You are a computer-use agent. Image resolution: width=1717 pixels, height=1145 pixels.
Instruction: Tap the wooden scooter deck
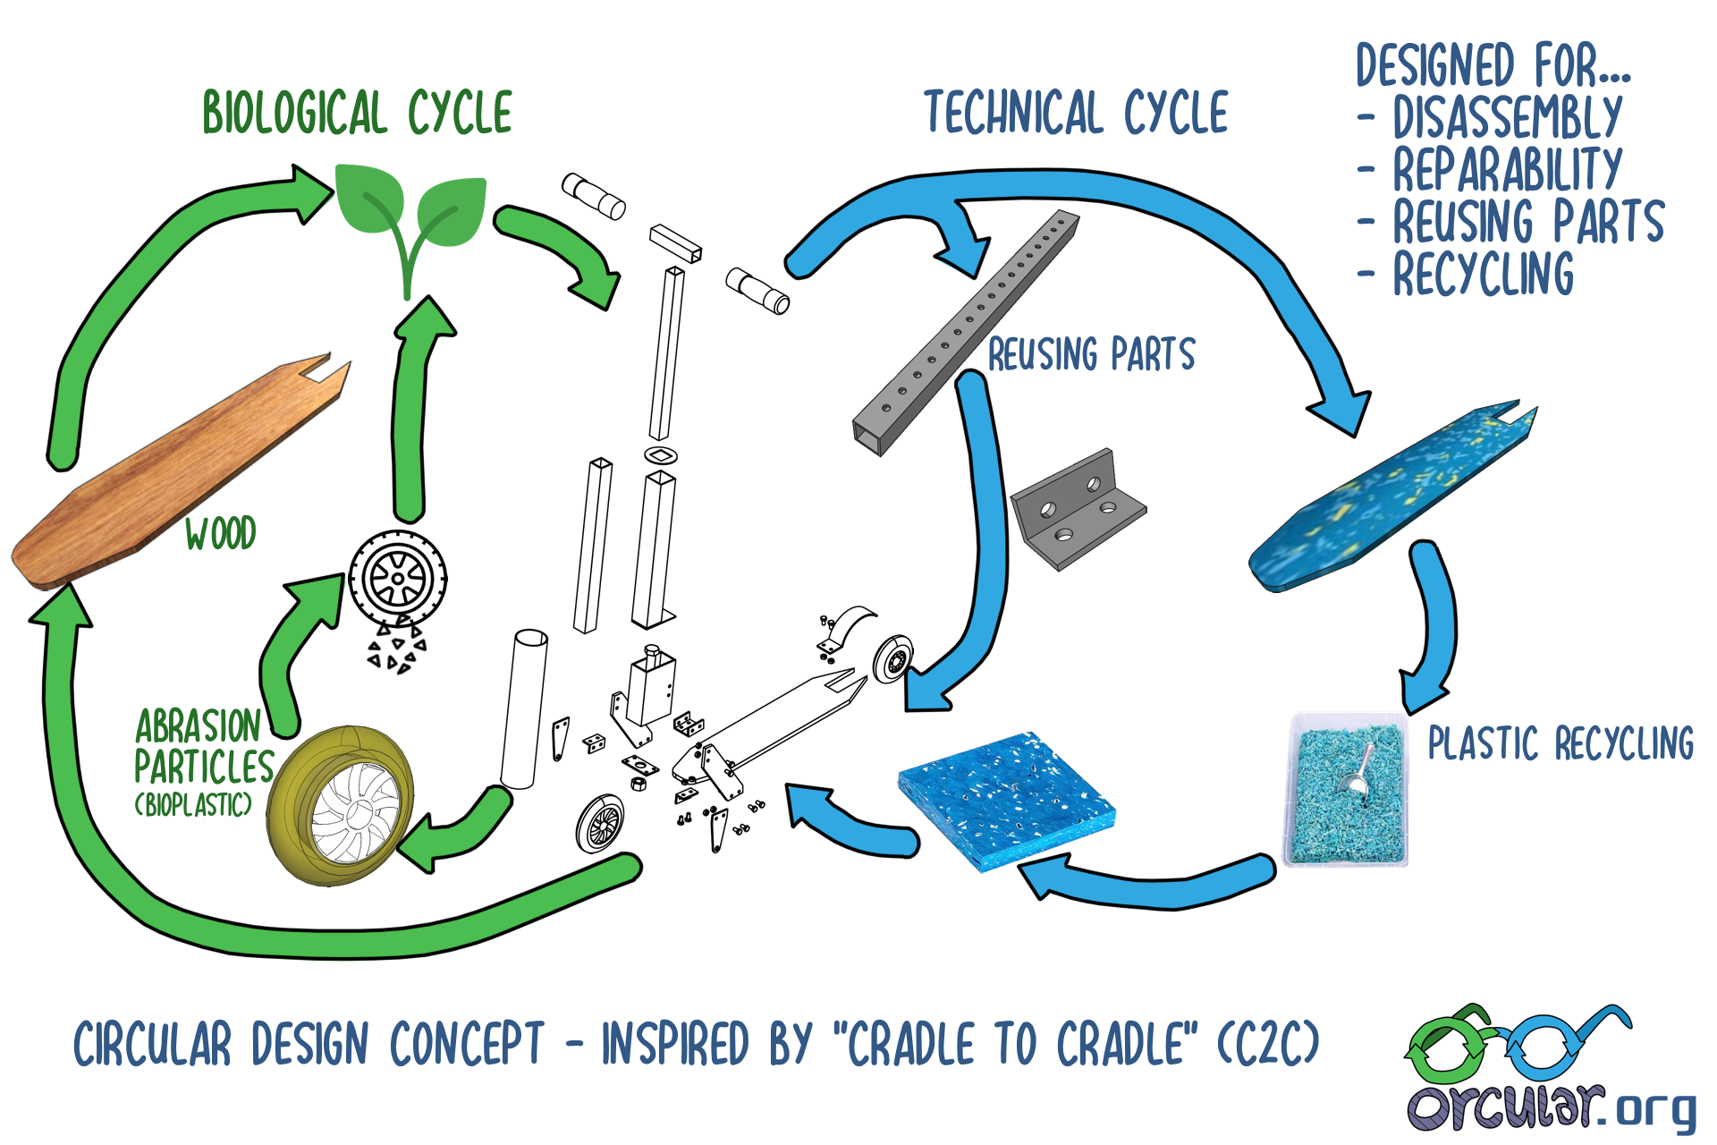click(x=179, y=474)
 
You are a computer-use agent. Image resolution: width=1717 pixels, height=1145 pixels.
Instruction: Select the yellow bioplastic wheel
click(x=341, y=805)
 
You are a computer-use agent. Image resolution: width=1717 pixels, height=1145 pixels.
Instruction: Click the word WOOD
click(x=220, y=533)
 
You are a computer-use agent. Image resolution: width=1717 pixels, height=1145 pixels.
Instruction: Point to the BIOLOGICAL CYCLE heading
click(x=358, y=113)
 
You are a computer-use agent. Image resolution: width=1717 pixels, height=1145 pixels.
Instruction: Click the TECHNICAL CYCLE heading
click(x=1077, y=113)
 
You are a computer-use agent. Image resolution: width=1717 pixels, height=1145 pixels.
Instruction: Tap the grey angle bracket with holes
click(x=1078, y=509)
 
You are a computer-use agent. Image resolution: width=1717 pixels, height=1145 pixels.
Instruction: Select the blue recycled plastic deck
click(x=1391, y=496)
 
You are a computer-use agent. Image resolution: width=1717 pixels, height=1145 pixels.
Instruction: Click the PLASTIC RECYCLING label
click(x=1561, y=743)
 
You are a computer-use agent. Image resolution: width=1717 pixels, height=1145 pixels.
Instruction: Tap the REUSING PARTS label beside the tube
click(x=1091, y=354)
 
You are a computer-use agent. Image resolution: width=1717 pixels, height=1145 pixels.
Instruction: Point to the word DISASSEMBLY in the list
click(x=1508, y=117)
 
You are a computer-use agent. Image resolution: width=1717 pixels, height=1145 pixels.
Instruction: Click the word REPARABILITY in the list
click(x=1508, y=169)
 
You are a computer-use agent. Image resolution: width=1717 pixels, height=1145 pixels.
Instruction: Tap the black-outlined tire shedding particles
click(x=398, y=580)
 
